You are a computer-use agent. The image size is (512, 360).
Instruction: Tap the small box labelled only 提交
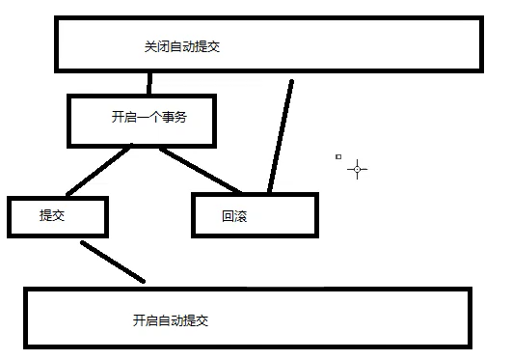tap(56, 217)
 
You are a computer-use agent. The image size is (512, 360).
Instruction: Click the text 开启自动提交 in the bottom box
tap(171, 319)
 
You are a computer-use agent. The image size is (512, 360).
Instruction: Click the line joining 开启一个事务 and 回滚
tap(202, 170)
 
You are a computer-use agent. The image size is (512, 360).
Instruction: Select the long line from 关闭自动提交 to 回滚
tap(281, 136)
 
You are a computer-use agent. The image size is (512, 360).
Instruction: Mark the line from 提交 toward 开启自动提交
tap(113, 262)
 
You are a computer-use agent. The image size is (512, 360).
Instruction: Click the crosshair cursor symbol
tap(358, 169)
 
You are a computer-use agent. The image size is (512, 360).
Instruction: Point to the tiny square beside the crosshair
tap(337, 155)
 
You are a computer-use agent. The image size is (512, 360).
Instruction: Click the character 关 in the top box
tap(148, 46)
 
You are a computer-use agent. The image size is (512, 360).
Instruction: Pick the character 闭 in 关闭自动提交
tap(161, 46)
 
